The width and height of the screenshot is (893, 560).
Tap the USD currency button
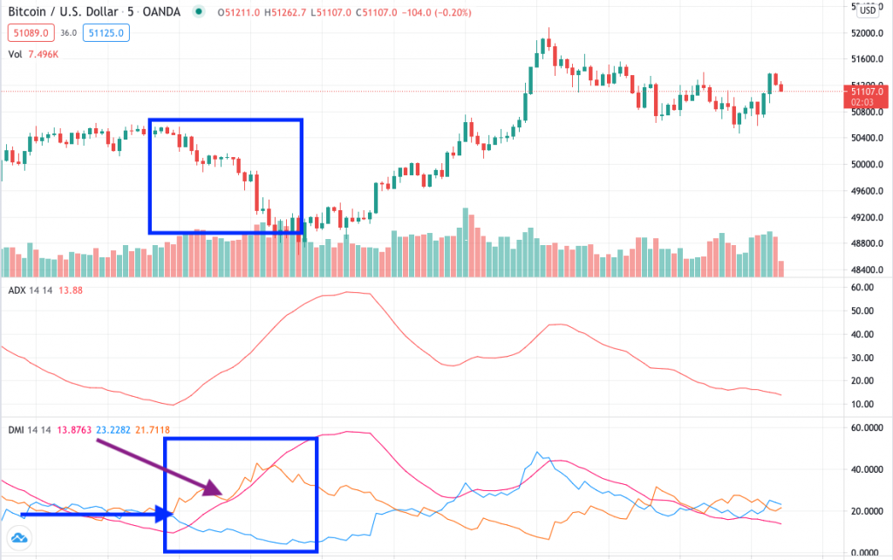pos(868,10)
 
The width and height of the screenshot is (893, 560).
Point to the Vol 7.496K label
pos(35,52)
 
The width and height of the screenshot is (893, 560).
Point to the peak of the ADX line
pos(349,292)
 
